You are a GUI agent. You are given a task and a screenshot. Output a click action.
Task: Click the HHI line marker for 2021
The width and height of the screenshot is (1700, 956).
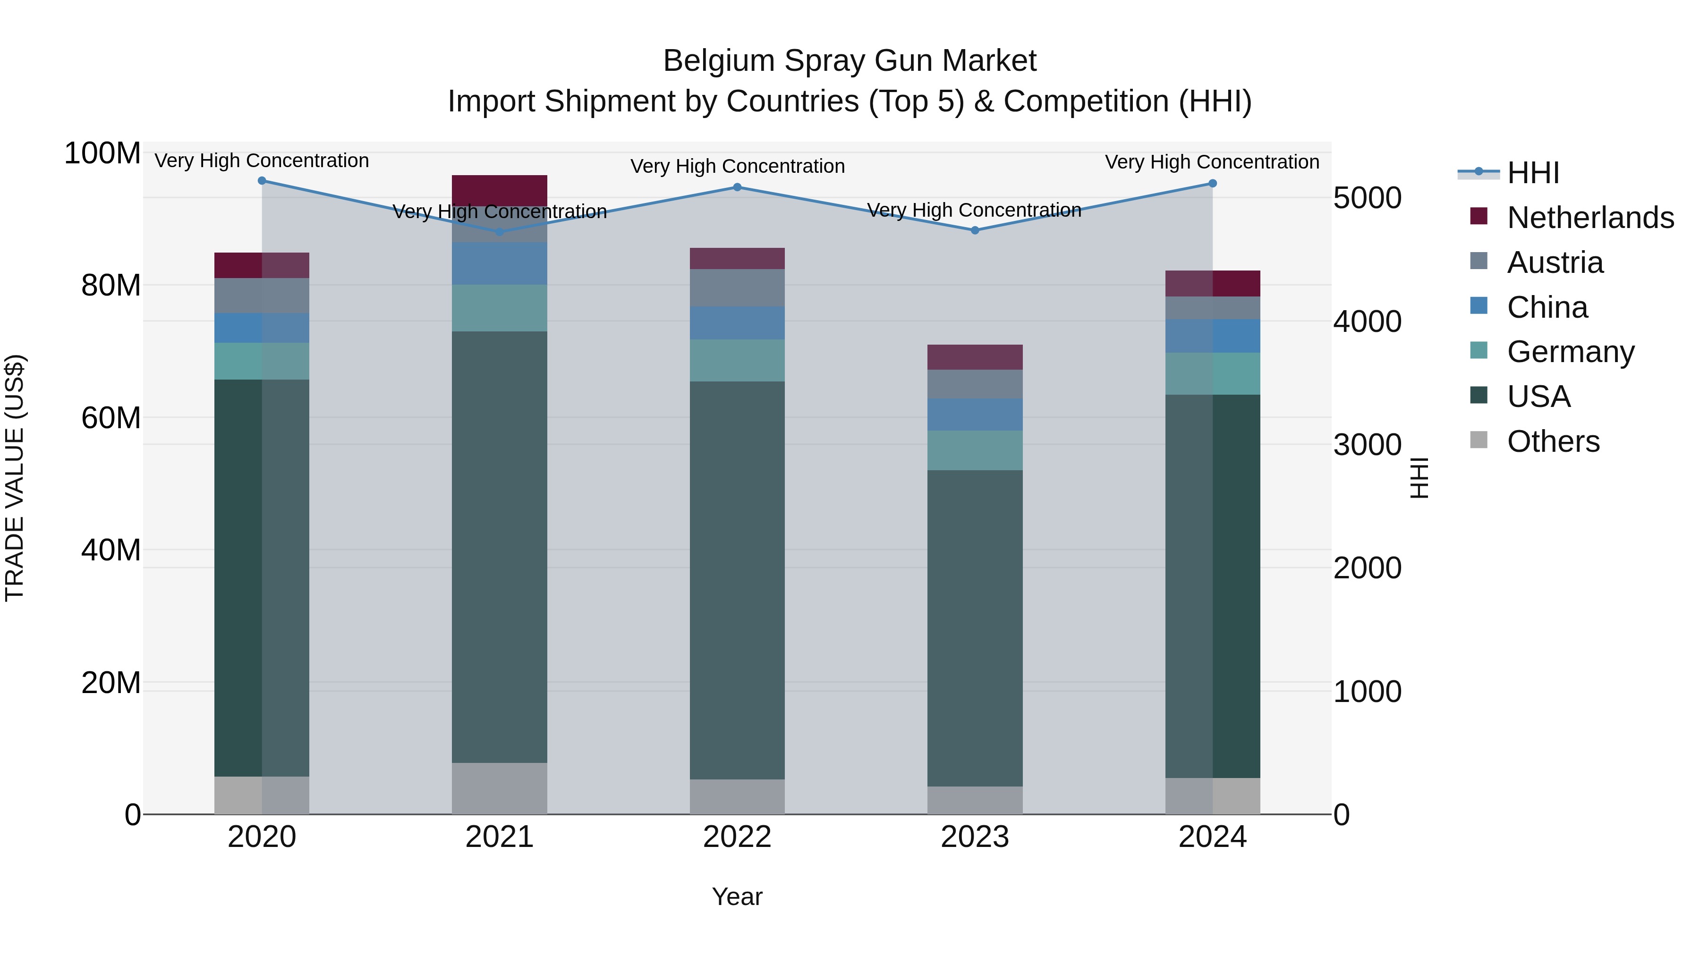(x=500, y=232)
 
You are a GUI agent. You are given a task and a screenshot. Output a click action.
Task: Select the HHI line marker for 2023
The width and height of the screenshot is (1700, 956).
(x=975, y=230)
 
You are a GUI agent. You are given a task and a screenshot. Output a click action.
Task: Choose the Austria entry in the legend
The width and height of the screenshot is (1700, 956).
(x=1555, y=262)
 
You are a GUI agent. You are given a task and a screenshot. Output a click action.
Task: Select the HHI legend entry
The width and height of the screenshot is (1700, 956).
(x=1533, y=173)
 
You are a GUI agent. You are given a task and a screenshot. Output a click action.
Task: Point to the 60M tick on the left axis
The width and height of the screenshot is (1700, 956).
(x=111, y=418)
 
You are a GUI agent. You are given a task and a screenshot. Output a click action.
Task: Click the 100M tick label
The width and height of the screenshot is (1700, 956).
(x=102, y=154)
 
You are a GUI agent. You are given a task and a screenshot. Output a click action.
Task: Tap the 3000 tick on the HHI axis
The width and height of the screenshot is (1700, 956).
(x=1367, y=445)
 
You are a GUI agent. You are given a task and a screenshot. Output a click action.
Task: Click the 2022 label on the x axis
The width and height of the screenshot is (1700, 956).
(x=737, y=837)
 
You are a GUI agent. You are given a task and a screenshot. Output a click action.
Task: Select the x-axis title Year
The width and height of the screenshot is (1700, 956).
(x=737, y=897)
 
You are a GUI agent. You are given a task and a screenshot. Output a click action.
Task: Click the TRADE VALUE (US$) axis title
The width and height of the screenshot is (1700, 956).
(x=15, y=478)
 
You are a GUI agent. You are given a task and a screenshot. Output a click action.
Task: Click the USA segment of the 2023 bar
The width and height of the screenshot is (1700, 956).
(x=975, y=627)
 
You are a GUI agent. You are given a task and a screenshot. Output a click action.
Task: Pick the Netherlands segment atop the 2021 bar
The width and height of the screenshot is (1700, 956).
(x=500, y=190)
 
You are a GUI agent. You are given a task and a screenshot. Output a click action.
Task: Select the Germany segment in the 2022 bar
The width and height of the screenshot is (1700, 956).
(x=737, y=360)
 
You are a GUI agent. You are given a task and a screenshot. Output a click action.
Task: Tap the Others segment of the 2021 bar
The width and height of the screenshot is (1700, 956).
(x=500, y=788)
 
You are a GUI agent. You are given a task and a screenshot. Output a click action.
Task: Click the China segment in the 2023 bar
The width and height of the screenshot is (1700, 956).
(x=975, y=415)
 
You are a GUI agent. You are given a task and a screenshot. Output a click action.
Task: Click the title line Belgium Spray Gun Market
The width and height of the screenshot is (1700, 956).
(x=850, y=61)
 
